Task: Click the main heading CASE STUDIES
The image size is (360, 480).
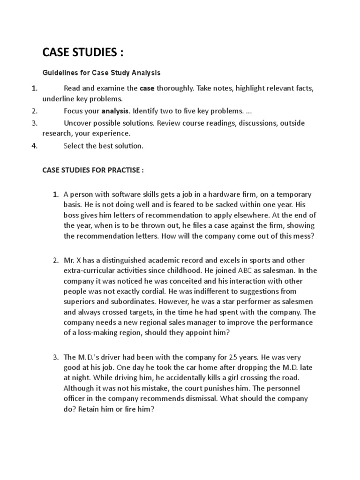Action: click(83, 52)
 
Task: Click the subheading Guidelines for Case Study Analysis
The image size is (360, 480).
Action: click(102, 73)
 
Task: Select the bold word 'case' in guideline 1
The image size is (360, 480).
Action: click(147, 88)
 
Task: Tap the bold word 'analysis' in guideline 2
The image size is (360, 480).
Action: click(114, 112)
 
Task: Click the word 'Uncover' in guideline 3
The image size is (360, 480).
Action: click(77, 123)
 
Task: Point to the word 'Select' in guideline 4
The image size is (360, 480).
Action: click(73, 146)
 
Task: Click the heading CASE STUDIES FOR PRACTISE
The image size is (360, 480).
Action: click(93, 170)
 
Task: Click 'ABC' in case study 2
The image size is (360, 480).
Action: click(233, 270)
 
